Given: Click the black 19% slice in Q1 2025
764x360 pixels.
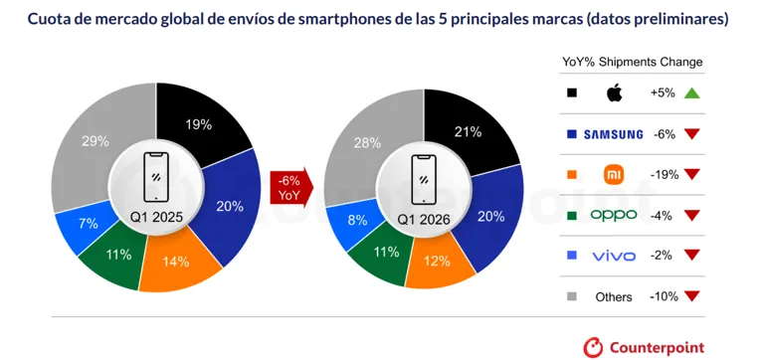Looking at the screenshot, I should (x=200, y=124).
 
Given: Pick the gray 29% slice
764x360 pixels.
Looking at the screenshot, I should (x=95, y=141).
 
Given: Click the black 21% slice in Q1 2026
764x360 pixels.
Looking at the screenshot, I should (x=468, y=132).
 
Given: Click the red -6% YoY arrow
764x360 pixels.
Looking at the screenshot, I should (x=290, y=187).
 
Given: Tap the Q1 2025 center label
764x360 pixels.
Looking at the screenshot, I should (x=157, y=217).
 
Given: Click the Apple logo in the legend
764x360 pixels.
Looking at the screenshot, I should (x=614, y=93).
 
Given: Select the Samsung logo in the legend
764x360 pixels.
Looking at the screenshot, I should (x=613, y=134).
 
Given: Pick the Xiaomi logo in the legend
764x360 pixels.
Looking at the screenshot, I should (x=614, y=174).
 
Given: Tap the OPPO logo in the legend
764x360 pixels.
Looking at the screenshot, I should (x=614, y=215).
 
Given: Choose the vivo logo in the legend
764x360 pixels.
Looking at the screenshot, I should (x=614, y=256).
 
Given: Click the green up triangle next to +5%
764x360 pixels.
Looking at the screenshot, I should (x=693, y=93).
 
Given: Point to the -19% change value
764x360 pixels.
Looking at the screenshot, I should (x=663, y=174).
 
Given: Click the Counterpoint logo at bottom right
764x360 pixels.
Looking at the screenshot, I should (x=644, y=346).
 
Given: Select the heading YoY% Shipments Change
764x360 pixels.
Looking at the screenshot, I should (x=633, y=62).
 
